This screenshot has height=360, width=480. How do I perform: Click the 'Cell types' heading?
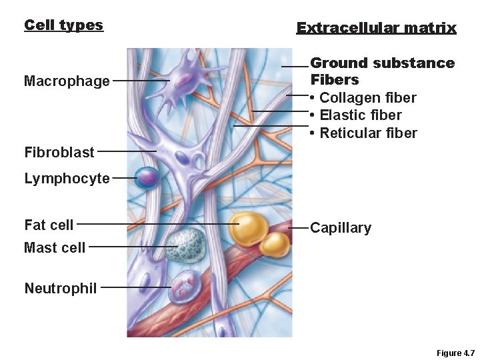pos(63,25)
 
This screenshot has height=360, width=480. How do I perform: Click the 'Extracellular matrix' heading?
pos(376,28)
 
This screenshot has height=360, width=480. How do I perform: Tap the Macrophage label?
pos(67,81)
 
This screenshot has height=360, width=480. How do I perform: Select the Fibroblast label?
pos(59,152)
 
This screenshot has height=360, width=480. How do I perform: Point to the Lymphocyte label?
pos(67,179)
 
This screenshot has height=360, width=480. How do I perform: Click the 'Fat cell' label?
pos(49,225)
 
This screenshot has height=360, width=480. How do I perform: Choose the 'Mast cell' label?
pos(55,247)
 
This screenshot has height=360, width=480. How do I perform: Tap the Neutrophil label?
pos(61,288)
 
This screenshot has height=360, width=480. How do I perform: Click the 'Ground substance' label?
pos(382,63)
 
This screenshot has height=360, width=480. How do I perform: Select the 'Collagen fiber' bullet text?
pos(367,98)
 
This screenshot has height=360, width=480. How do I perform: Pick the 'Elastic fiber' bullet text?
pos(360,115)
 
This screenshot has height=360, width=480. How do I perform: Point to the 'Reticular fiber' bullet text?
pos(367,133)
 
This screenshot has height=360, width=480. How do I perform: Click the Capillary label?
pos(341,228)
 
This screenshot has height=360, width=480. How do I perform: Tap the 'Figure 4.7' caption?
pos(455,353)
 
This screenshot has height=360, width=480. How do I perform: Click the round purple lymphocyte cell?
pos(147,177)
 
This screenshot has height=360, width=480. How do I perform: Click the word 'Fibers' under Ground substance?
pos(335,80)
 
